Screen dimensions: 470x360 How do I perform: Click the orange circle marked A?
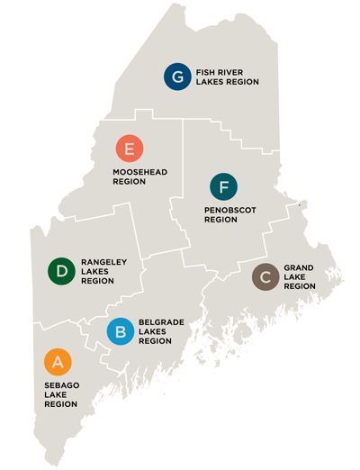coord(57,361)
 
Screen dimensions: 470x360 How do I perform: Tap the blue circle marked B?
coord(121,331)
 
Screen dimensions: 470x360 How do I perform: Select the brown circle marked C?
coord(265,277)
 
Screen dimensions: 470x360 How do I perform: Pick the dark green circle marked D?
coord(61,270)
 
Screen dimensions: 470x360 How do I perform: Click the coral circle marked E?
coord(130,149)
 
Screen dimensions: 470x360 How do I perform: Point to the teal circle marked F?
coord(223,187)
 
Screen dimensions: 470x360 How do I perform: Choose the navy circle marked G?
coord(177,77)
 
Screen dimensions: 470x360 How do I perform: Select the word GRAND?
coord(299,267)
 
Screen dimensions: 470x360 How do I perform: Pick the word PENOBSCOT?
coord(230,210)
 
